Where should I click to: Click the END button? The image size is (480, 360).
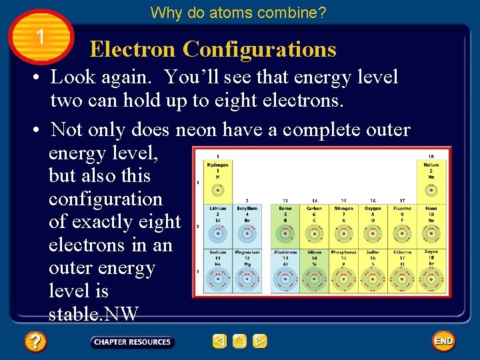click(x=443, y=341)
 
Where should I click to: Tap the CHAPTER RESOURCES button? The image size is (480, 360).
click(x=132, y=342)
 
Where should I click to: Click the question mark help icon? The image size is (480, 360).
click(x=35, y=343)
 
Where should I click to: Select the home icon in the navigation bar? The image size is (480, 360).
click(x=240, y=342)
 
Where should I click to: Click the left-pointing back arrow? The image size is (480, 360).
click(x=219, y=342)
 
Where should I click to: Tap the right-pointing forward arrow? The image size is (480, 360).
click(x=260, y=342)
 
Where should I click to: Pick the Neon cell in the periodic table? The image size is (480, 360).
click(x=431, y=224)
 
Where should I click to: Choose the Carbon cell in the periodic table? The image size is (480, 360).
click(x=315, y=224)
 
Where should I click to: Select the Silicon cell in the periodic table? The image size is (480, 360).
click(x=315, y=270)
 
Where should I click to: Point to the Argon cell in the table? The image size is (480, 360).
click(x=431, y=270)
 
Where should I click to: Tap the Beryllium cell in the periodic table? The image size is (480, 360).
click(x=246, y=224)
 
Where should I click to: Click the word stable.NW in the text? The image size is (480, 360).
click(x=93, y=313)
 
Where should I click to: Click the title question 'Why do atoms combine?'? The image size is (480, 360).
click(x=239, y=13)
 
